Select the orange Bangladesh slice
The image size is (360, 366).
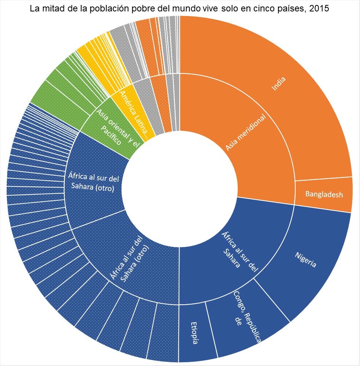[324, 194]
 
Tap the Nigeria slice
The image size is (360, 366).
[305, 263]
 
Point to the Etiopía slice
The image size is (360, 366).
[194, 334]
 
